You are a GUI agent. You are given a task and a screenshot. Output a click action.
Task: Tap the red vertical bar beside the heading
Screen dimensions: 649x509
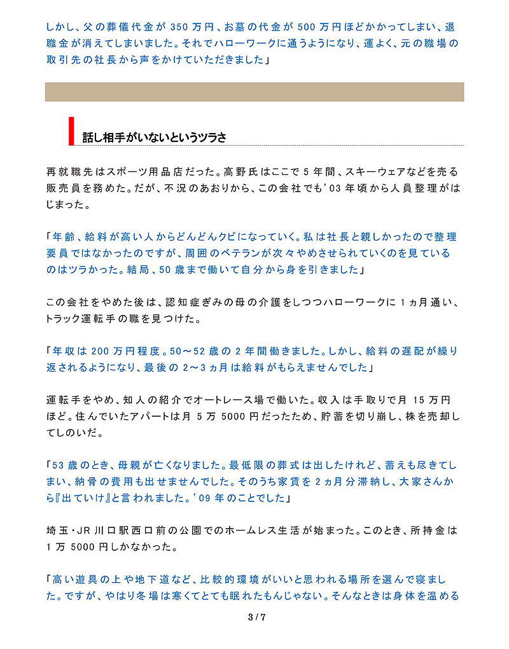pos(71,131)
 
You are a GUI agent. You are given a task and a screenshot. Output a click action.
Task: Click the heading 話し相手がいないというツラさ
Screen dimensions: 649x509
pos(155,137)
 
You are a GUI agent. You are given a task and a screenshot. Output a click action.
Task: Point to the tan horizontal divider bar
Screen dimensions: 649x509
pos(254,92)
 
